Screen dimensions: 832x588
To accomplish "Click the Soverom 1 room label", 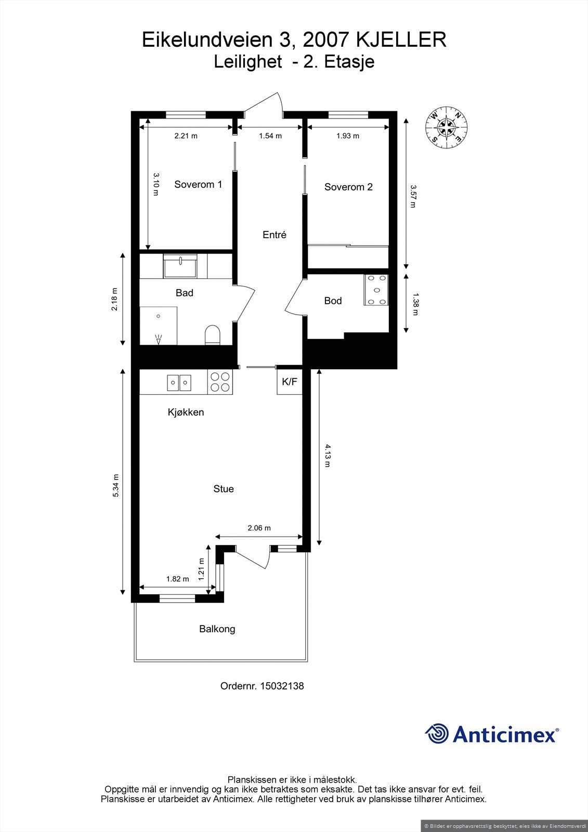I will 198,185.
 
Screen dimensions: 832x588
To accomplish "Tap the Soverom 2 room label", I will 348,187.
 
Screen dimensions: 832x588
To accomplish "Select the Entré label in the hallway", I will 275,235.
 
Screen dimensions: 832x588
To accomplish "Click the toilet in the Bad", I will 213,335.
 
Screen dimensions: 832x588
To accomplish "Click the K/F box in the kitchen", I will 290,382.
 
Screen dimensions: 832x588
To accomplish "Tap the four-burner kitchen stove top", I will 220,382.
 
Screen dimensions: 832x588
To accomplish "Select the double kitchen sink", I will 179,383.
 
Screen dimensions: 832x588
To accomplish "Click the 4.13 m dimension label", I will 327,455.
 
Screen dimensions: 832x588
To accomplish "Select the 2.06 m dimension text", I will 259,528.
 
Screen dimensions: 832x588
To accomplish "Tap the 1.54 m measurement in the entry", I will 270,136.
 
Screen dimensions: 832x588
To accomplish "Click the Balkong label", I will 217,629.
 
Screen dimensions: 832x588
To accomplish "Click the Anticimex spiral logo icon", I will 437,734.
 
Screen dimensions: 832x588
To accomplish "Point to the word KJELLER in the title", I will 402,40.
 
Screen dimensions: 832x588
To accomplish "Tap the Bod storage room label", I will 333,301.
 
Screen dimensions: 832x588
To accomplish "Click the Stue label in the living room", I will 224,489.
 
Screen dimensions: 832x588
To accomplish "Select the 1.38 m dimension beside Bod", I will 415,304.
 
